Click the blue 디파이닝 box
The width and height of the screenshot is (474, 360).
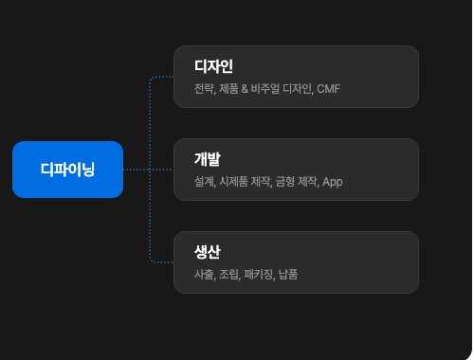(x=67, y=170)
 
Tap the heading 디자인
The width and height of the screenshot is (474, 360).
(x=213, y=66)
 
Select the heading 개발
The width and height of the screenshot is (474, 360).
(x=208, y=159)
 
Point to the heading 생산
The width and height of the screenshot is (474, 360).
(x=208, y=252)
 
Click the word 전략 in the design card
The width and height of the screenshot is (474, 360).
(x=204, y=89)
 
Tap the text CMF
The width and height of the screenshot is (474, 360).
(x=329, y=89)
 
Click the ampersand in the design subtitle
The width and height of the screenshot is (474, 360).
(x=245, y=89)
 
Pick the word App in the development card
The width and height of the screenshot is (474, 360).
(x=333, y=182)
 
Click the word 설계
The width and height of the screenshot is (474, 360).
(x=204, y=182)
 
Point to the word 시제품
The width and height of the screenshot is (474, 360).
(x=233, y=182)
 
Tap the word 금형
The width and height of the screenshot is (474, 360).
(x=285, y=182)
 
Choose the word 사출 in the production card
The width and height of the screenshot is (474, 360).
(x=204, y=274)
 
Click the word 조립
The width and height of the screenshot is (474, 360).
(x=229, y=274)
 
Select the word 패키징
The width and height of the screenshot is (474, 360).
(x=259, y=274)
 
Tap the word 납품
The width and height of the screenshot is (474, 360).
(x=288, y=274)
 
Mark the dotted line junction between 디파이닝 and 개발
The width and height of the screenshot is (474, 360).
(x=150, y=170)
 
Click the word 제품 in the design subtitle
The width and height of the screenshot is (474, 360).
(x=228, y=89)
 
